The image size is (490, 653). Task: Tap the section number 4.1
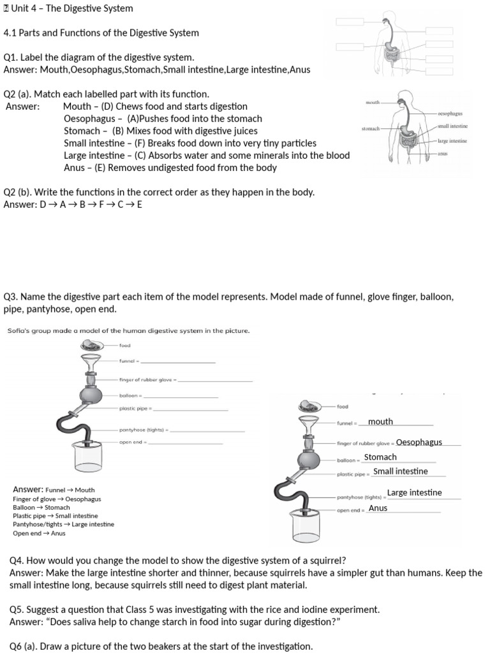(x=10, y=33)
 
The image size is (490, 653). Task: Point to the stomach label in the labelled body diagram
(x=370, y=129)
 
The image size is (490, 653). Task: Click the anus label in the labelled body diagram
(x=442, y=154)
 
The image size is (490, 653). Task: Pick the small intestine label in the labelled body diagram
(x=452, y=126)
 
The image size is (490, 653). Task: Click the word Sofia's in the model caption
(x=19, y=331)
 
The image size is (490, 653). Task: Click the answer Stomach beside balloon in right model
(x=380, y=457)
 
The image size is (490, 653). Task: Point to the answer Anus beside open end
(x=378, y=508)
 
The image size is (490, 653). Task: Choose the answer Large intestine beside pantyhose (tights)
(x=414, y=492)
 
